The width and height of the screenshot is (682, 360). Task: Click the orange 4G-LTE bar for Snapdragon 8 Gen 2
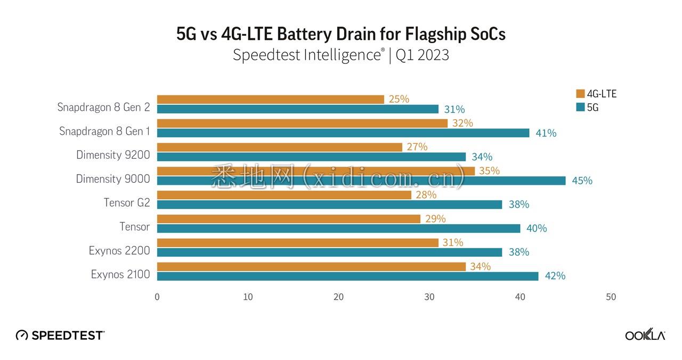click(x=270, y=100)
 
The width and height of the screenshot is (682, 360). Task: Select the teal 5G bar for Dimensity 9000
click(x=361, y=181)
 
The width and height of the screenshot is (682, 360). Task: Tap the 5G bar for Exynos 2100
click(x=347, y=276)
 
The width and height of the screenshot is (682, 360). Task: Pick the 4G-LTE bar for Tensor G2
click(x=284, y=195)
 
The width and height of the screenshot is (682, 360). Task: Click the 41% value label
click(x=546, y=133)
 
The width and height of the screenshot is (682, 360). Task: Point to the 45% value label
click(x=582, y=181)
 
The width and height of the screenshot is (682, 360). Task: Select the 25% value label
click(x=399, y=99)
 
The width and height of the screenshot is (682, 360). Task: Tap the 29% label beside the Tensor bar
click(x=435, y=218)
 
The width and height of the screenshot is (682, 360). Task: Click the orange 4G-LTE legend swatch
click(x=580, y=94)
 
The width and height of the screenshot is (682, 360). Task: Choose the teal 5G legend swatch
click(x=580, y=107)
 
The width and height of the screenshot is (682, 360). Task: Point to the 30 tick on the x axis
click(x=429, y=297)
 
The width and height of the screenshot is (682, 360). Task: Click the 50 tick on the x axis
click(x=611, y=297)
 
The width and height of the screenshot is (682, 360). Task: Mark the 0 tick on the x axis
click(x=157, y=297)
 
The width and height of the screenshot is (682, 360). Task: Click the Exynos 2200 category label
click(x=119, y=250)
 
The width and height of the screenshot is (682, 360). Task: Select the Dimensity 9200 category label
click(x=113, y=155)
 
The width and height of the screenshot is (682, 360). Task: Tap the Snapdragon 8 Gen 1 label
click(x=104, y=131)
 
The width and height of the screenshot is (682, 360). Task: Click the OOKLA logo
click(x=645, y=335)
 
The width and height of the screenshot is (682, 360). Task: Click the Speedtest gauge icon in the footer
click(x=22, y=335)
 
